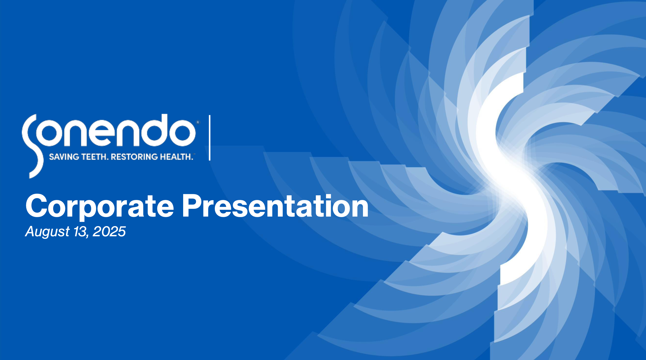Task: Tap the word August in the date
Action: [47, 232]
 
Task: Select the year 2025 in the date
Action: [109, 231]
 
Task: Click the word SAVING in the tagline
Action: [64, 157]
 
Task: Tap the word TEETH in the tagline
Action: [95, 157]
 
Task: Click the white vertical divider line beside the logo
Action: [210, 138]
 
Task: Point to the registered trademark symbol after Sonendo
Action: [198, 122]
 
